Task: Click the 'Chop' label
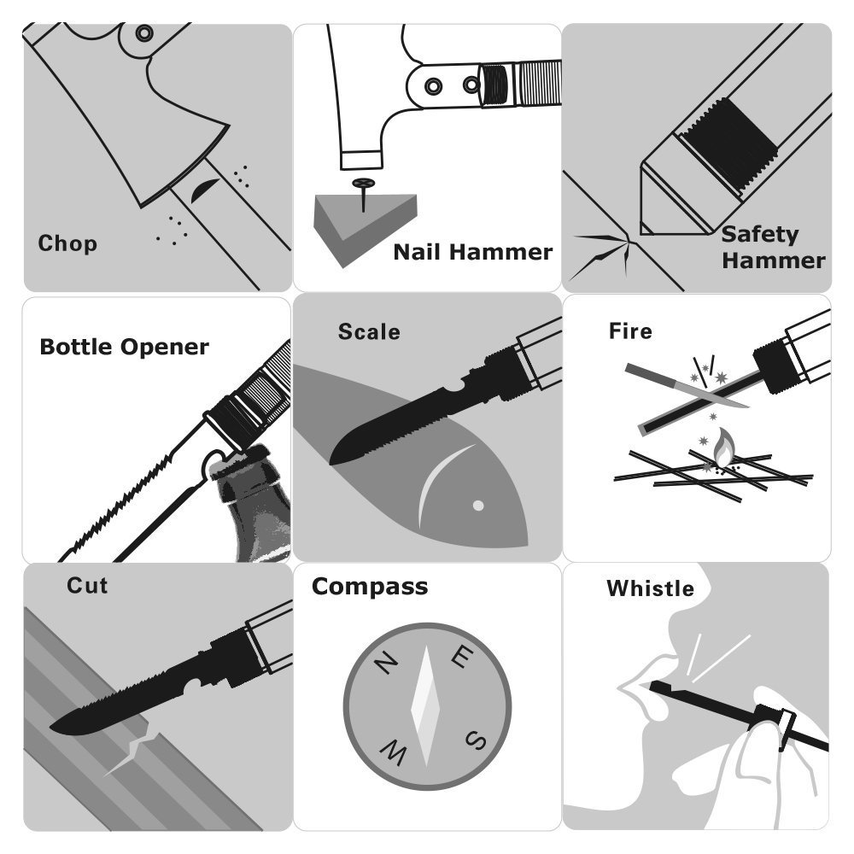click(67, 243)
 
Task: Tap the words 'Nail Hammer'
click(473, 252)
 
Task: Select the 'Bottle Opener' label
click(124, 347)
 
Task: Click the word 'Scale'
click(369, 331)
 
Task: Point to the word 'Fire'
click(630, 331)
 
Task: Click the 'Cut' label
click(87, 586)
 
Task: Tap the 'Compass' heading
click(370, 588)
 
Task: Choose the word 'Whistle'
click(650, 588)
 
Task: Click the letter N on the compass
click(386, 664)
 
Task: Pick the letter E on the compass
click(462, 657)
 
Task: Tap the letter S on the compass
click(476, 740)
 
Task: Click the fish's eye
click(478, 506)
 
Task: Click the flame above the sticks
click(724, 447)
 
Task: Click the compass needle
click(425, 706)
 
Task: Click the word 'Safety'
click(760, 236)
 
